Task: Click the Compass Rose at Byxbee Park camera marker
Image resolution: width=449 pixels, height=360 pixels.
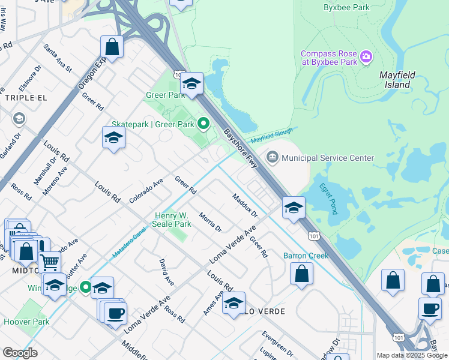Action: [366, 58]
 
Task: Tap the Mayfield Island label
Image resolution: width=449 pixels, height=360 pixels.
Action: [394, 80]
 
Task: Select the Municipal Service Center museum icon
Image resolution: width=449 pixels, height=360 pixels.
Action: [273, 158]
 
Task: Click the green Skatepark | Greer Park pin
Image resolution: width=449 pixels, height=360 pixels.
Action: [203, 124]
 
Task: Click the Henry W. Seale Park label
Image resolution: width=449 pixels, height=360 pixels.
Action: [173, 220]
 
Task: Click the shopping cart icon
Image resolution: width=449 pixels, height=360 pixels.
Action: [49, 262]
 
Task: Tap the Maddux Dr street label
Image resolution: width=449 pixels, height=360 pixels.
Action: [244, 205]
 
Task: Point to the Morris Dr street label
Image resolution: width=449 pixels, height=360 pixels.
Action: [210, 222]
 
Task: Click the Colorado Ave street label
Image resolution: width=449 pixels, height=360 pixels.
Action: [146, 189]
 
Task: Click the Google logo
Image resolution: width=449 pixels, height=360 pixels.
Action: [20, 353]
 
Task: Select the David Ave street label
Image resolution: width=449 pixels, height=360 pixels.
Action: [166, 272]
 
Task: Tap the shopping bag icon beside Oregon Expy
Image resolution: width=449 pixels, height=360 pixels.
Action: [112, 46]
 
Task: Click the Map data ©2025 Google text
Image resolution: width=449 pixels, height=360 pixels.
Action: [411, 355]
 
